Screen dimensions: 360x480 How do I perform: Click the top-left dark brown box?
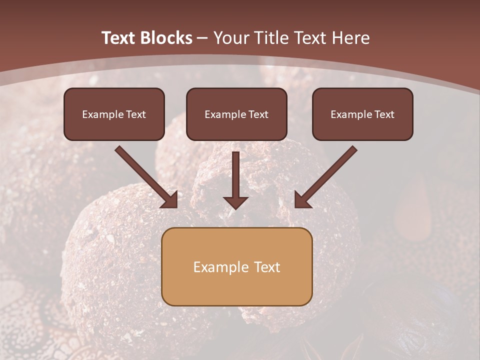(x=114, y=114)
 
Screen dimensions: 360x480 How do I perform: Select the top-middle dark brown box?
(x=236, y=114)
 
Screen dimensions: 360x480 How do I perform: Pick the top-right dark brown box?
(x=362, y=114)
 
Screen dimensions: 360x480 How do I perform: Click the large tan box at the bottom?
(x=236, y=266)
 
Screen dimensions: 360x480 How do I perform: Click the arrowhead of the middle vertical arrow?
(x=235, y=202)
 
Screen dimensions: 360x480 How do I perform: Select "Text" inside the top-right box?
(x=384, y=114)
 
